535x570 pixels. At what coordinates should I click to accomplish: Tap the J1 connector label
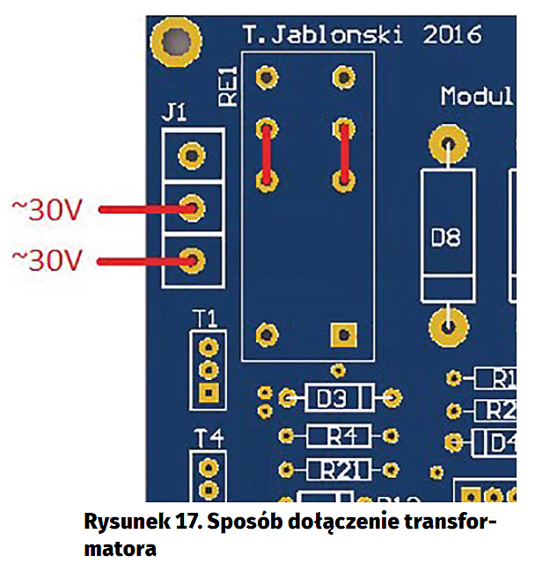pos(176,113)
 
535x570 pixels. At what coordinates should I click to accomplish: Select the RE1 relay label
pos(227,85)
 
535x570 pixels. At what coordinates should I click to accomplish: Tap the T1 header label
pos(208,318)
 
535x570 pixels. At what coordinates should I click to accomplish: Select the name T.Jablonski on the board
pos(325,35)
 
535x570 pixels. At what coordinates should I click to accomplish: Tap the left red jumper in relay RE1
pos(264,155)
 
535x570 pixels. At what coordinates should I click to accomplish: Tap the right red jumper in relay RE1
pos(343,155)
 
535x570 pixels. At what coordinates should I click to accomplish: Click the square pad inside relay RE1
pos(342,334)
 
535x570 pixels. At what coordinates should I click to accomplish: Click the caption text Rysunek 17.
pos(133,522)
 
